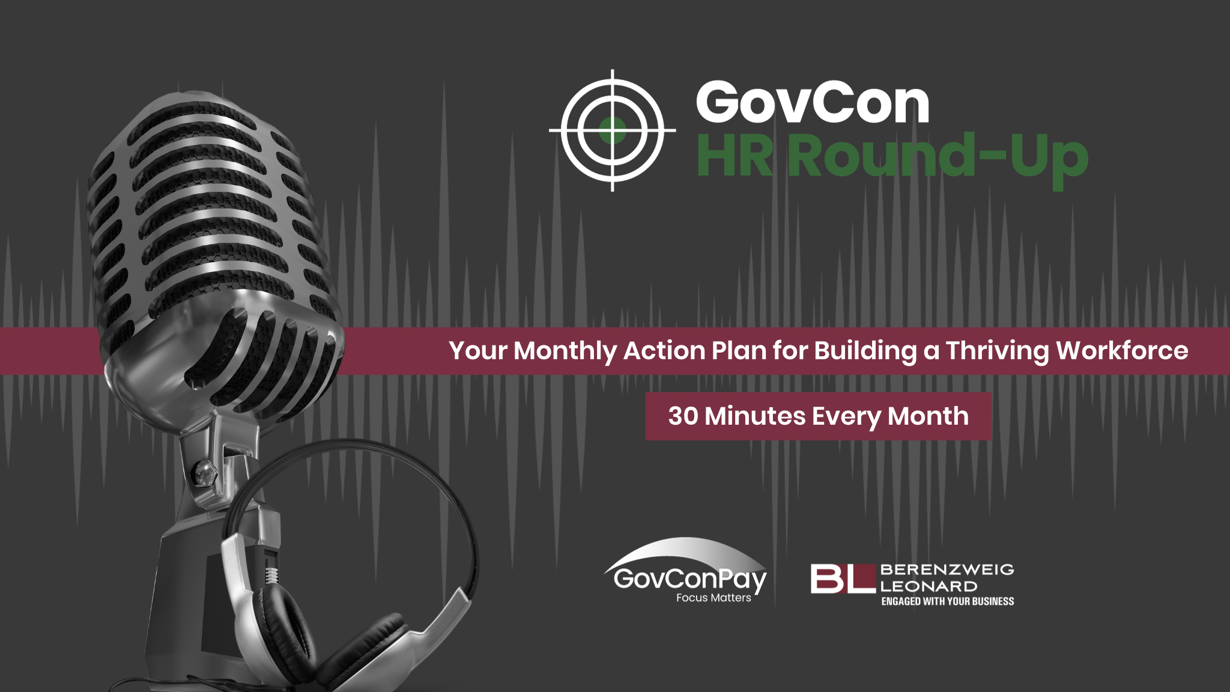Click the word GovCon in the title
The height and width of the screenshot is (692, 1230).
coord(812,103)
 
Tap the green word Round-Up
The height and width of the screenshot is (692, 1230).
coord(938,156)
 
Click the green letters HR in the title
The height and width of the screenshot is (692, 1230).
coord(735,156)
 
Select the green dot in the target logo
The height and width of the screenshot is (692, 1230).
coord(613,130)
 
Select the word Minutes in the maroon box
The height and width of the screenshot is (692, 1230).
coord(755,416)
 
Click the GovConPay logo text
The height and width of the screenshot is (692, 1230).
coord(689,579)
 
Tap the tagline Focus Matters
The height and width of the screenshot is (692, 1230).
coord(713,598)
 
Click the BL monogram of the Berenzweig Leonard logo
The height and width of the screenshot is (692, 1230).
coord(842,578)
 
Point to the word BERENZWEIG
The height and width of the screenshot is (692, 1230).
coord(947,569)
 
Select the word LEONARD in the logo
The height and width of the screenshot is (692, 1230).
coord(929,586)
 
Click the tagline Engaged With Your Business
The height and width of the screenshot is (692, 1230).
coord(947,601)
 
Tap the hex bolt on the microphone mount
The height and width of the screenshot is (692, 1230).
coord(203,472)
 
